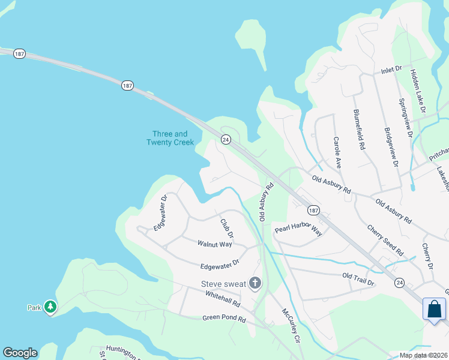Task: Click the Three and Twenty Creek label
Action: [170, 138]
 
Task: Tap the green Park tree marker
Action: [51, 307]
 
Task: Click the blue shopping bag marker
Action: [434, 310]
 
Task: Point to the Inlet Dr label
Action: [391, 70]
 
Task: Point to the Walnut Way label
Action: [214, 244]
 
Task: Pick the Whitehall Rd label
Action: [222, 295]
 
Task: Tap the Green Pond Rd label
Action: [224, 320]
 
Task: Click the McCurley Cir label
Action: [291, 325]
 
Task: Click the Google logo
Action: [20, 353]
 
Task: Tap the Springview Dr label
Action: [405, 117]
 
